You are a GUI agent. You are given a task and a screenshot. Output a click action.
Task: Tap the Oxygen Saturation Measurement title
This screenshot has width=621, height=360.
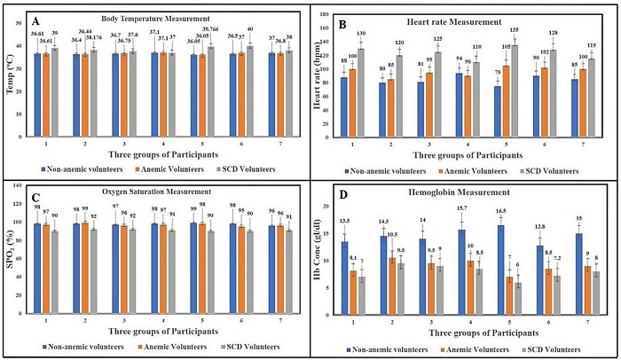(161, 192)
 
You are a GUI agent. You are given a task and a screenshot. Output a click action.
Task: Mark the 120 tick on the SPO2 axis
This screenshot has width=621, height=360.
(29, 202)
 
